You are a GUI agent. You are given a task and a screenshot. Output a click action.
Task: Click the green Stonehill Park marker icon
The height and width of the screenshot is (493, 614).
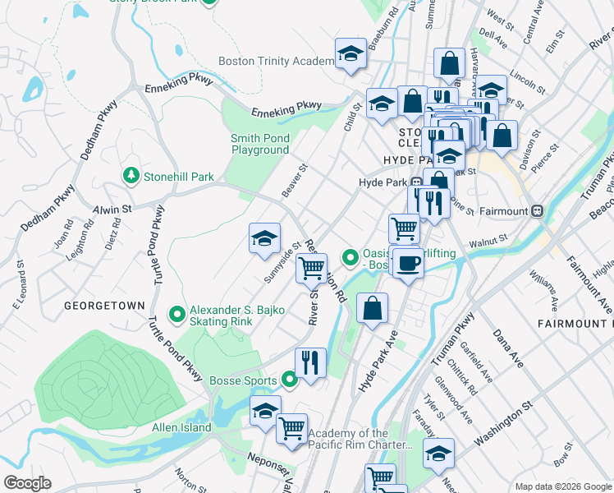pos(131,176)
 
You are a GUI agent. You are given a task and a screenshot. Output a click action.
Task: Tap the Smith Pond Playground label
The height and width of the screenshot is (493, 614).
pos(259,145)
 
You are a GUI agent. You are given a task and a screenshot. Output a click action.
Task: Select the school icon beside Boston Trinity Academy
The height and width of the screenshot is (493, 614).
pos(351,55)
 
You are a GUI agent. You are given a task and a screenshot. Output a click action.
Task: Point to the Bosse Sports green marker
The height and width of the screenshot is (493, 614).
pos(289,380)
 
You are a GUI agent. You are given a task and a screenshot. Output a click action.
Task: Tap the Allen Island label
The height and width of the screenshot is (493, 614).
pos(181,427)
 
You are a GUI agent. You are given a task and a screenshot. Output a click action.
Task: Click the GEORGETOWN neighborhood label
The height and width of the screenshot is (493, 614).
pos(99,304)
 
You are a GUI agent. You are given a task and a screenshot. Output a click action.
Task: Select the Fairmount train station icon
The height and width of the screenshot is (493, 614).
pos(538,210)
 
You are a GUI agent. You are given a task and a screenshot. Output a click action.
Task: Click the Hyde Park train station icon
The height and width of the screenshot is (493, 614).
pos(416,182)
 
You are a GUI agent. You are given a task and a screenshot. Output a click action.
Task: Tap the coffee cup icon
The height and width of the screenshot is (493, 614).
pos(407,264)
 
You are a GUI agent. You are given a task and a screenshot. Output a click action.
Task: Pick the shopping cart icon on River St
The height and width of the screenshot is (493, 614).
pos(311,267)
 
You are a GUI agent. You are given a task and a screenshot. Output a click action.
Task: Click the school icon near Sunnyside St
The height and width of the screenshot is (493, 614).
pos(264,238)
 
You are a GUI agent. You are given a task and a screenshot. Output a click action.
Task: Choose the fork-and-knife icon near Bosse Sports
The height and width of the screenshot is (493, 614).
pos(310,362)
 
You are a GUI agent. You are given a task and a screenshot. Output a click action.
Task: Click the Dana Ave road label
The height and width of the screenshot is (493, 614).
pos(508,348)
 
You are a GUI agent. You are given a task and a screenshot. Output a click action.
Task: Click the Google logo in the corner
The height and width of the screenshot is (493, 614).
pos(26,483)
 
